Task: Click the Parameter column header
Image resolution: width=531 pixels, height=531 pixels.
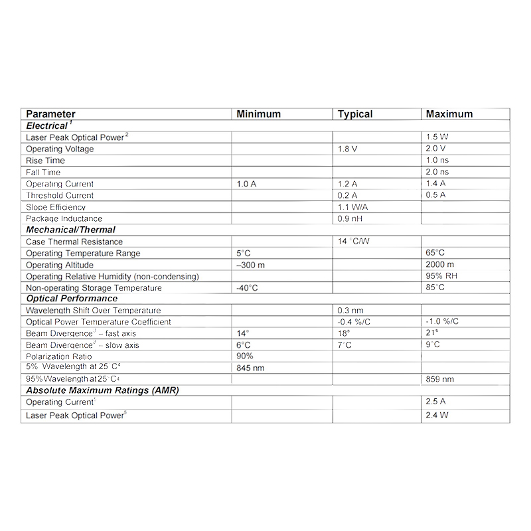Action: (50, 114)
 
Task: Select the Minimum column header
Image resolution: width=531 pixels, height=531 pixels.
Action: (258, 114)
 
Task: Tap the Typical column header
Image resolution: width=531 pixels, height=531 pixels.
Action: (355, 114)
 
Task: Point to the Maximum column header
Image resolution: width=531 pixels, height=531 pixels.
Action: (449, 114)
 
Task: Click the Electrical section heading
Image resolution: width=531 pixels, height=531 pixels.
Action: (48, 125)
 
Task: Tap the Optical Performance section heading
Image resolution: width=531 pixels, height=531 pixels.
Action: (72, 299)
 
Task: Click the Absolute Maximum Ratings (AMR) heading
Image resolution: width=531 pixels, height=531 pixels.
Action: (102, 390)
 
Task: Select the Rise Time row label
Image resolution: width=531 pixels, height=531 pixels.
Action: (45, 161)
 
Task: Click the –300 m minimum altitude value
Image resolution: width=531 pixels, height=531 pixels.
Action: (250, 265)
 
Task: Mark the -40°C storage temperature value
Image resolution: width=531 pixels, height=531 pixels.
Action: (247, 288)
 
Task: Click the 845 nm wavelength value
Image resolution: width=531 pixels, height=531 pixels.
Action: (250, 368)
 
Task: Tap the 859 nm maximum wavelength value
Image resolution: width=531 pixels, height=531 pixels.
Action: (440, 379)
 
